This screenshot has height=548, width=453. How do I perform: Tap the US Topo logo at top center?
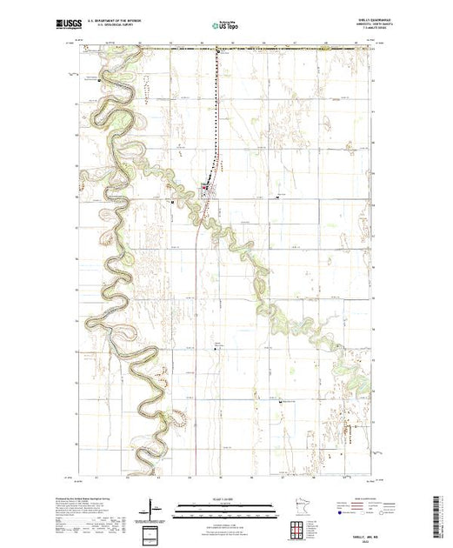coord(226,27)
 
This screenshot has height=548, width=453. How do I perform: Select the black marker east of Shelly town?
coord(276,197)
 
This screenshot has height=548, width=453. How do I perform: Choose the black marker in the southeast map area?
coord(280,402)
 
